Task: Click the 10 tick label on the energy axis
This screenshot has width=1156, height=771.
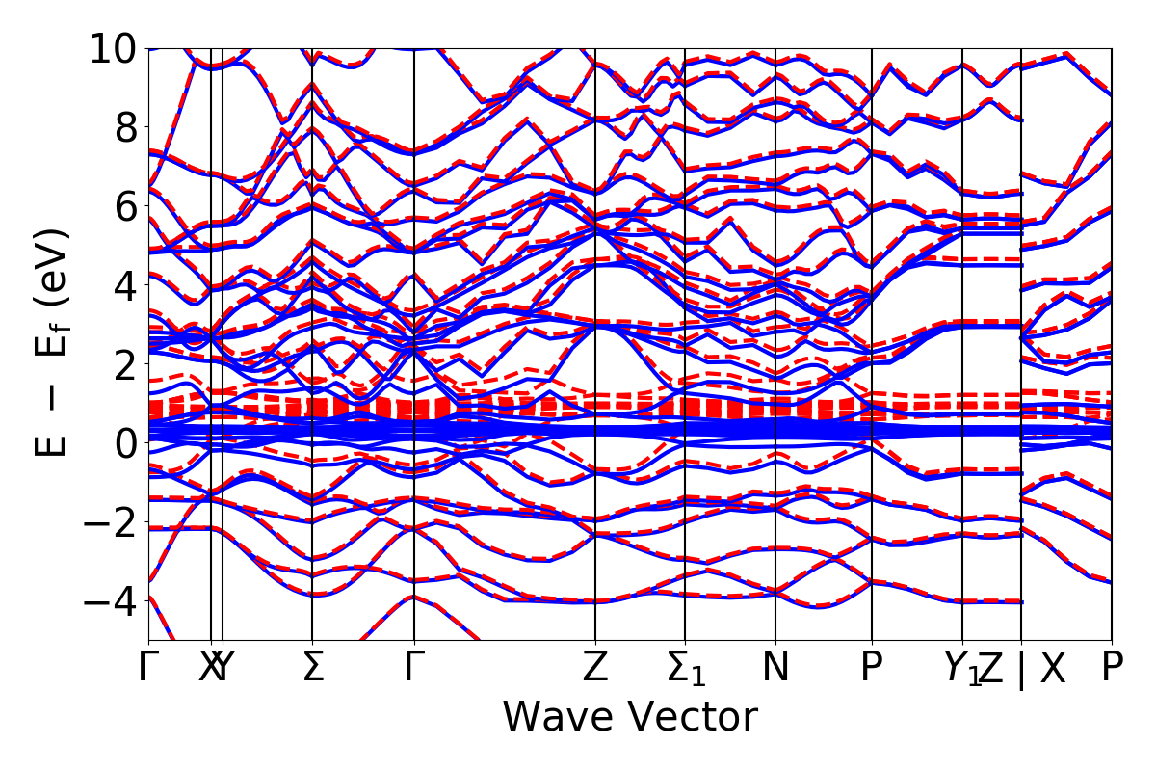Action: point(114,48)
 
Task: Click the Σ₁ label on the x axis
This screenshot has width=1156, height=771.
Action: point(686,668)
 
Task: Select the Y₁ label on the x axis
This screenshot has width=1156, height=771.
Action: point(960,668)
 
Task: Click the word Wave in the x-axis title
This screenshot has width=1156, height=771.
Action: point(558,717)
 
